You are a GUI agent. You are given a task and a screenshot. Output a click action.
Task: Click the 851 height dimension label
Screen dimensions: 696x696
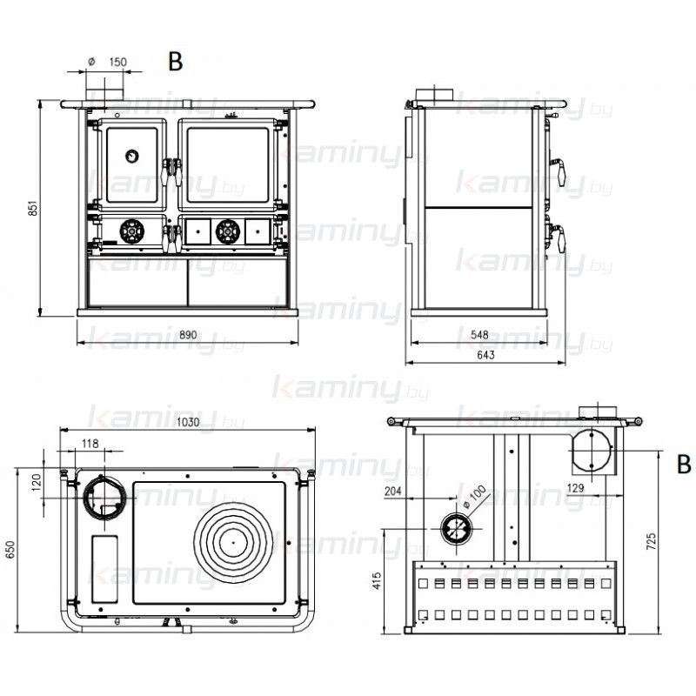[x=32, y=208]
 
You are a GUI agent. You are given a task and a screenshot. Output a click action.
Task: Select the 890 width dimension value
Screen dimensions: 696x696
[x=188, y=335]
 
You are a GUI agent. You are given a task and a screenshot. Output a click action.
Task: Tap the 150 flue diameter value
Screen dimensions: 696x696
[x=117, y=62]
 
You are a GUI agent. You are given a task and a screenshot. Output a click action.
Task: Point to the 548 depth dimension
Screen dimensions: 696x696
[x=479, y=335]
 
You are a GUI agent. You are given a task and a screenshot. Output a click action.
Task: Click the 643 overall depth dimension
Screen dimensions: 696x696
[x=485, y=355]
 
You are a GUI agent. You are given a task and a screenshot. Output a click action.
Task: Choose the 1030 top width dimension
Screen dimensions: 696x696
[x=188, y=422]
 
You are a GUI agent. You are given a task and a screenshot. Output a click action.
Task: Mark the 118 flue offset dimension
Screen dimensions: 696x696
[x=90, y=444]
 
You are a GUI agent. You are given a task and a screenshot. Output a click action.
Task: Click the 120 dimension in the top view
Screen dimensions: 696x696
[x=37, y=482]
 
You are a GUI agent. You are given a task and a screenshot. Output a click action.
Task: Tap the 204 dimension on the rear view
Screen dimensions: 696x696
[x=393, y=491]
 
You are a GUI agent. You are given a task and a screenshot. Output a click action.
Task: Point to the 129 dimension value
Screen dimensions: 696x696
[x=575, y=489]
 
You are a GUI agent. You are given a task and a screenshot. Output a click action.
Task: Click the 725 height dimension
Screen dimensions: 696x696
[x=651, y=541]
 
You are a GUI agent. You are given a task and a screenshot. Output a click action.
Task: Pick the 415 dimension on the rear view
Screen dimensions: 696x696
[x=377, y=580]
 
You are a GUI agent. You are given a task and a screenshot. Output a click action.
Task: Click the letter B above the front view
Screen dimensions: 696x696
[x=176, y=62]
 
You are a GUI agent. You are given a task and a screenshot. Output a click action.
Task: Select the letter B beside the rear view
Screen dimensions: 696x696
[x=684, y=465]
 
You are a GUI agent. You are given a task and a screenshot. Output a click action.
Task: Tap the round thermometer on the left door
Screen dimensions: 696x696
[x=132, y=157]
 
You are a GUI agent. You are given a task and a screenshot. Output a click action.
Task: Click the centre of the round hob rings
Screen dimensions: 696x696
[x=233, y=542]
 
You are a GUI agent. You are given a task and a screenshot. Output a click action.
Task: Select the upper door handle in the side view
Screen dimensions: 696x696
[x=559, y=171]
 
